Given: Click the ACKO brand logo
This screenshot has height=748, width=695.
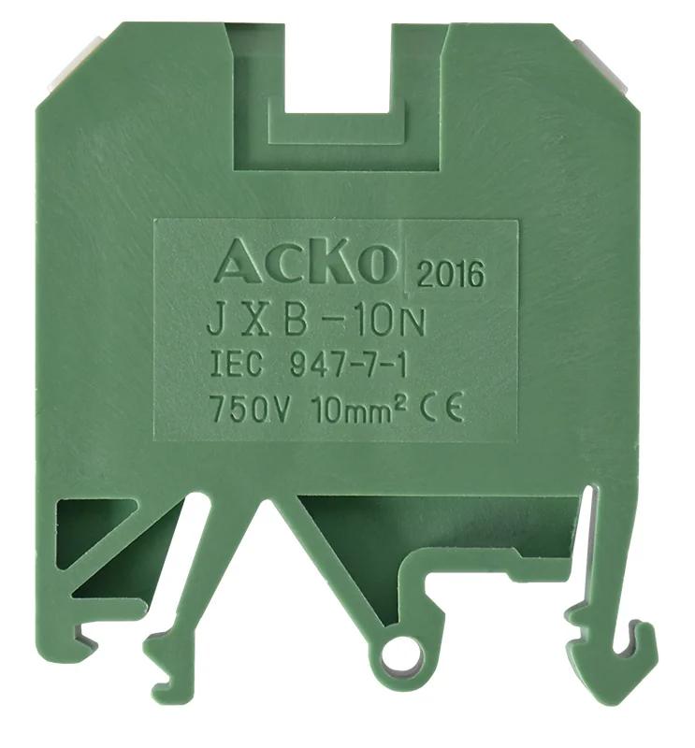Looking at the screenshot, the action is pyautogui.click(x=306, y=262).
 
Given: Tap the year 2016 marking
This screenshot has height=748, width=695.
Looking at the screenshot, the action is pyautogui.click(x=451, y=274).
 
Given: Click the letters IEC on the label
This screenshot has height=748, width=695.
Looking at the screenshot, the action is pyautogui.click(x=237, y=364).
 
